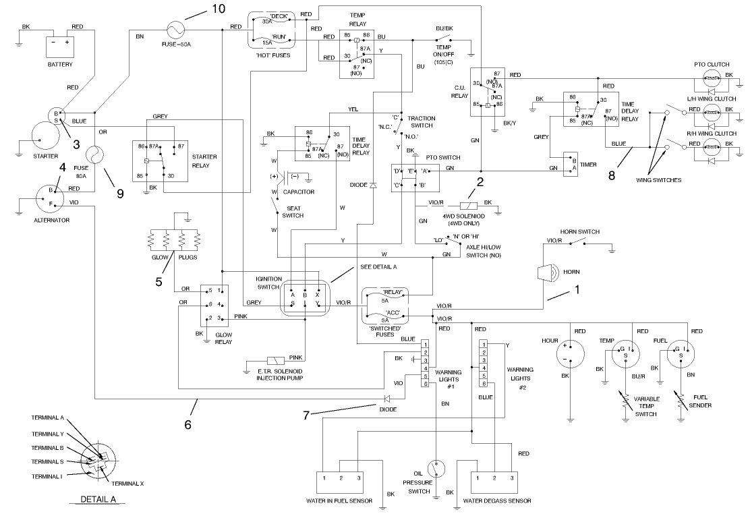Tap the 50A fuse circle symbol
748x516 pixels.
coord(178,29)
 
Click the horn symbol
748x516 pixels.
coord(546,273)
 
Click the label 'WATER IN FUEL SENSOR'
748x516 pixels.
coord(341,500)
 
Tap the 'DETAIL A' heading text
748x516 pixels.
coord(98,500)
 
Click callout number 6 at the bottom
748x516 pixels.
coord(188,425)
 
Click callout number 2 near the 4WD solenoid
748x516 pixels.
coord(480,181)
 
